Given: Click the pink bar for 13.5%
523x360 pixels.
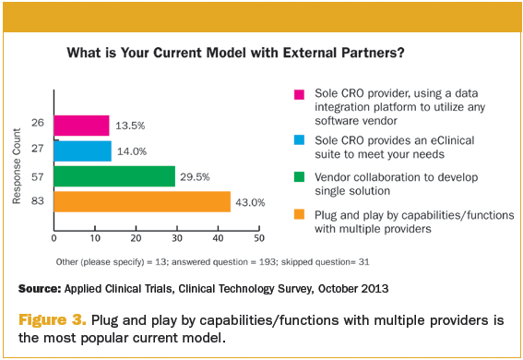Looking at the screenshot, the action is (82, 126).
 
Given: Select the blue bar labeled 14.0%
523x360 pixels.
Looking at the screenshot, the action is (83, 151).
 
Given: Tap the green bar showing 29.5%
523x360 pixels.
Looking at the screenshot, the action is (114, 176).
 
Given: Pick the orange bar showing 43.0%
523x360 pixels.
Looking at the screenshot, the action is (142, 201).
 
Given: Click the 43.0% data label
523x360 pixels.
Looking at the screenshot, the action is (250, 202).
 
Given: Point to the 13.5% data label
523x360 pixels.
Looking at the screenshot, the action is (130, 126).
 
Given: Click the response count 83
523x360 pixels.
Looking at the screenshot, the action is (37, 200).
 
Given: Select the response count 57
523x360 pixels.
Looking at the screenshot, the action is (37, 176).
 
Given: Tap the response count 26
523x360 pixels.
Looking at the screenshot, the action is (37, 123).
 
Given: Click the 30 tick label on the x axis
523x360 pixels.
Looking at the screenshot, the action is (177, 238).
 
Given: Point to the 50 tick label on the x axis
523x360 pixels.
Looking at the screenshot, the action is (259, 238).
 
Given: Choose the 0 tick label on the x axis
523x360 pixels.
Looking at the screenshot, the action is (54, 238).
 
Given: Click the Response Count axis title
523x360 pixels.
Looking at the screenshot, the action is (17, 166).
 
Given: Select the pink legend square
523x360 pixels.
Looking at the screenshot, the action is (299, 94).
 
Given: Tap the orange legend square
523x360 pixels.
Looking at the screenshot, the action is (299, 214).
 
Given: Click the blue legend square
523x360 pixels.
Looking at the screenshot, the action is (299, 139).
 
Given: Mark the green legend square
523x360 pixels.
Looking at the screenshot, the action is (299, 176).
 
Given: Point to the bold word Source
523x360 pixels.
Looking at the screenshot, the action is (40, 289).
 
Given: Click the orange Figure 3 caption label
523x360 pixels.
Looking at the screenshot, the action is (53, 320).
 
